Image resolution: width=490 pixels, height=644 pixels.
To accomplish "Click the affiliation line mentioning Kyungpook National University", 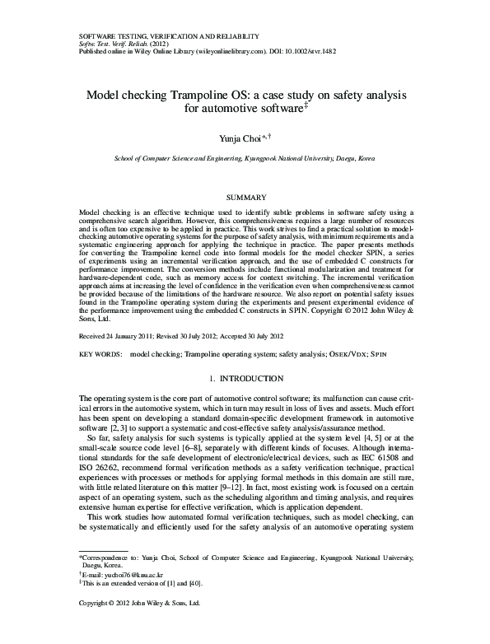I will tap(245, 156).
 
